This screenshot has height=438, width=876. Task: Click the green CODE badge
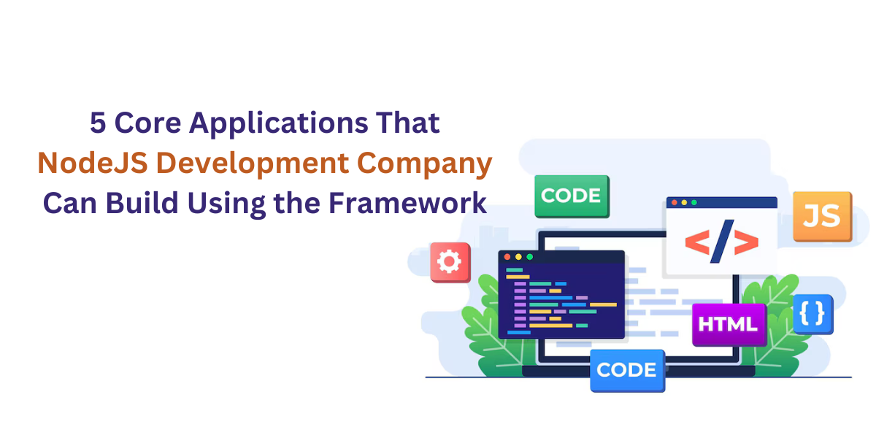click(x=572, y=196)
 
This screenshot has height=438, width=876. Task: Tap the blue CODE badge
click(x=627, y=370)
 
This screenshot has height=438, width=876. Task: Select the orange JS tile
click(x=822, y=215)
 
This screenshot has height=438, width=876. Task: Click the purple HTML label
click(x=729, y=324)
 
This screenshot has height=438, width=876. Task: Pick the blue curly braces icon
click(x=812, y=313)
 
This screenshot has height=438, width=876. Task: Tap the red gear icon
click(x=450, y=262)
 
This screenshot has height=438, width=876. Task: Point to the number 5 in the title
click(x=98, y=123)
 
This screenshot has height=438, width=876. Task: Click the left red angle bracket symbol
click(x=696, y=243)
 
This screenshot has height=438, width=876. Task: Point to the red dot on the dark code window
click(x=507, y=257)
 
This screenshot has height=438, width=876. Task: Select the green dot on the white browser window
click(x=694, y=202)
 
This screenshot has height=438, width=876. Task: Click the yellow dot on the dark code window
click(x=518, y=257)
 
